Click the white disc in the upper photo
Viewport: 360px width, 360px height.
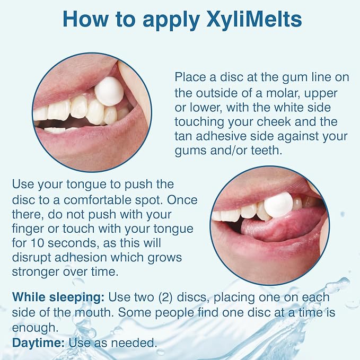(110, 91)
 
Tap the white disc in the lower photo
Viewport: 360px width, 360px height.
(277, 204)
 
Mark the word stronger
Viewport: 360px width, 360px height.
(34, 272)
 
